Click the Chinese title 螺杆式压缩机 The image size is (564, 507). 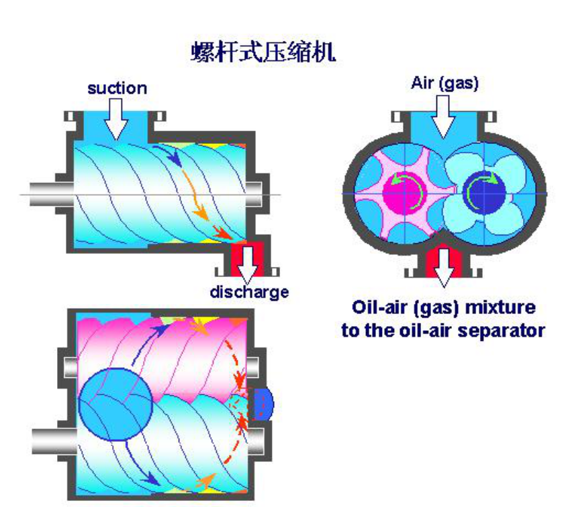[263, 52]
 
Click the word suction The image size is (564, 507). [117, 88]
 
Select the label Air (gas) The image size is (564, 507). [444, 84]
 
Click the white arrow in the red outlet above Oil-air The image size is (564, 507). [443, 266]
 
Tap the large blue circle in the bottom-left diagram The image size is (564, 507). [115, 403]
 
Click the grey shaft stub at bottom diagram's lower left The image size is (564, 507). [51, 441]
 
